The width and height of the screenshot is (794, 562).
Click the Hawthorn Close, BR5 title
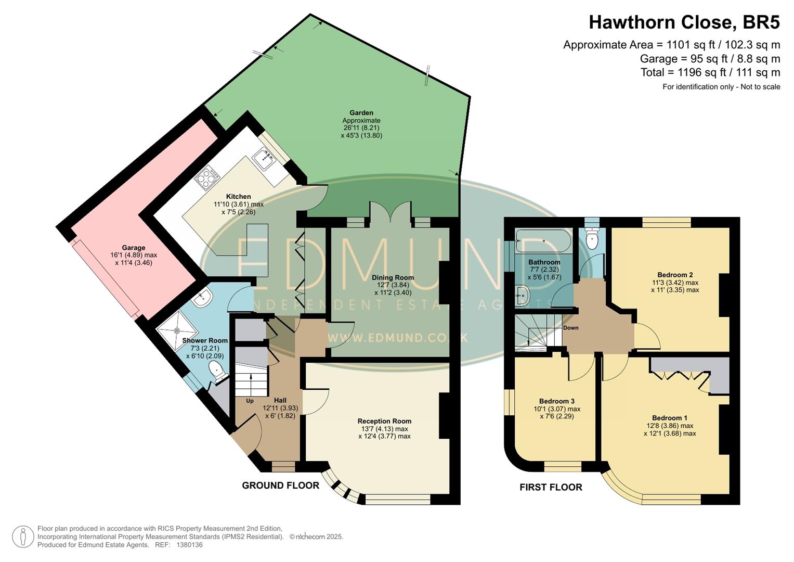pos(684,22)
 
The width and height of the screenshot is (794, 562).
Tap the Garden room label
pos(361,113)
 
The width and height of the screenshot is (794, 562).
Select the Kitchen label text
pos(238,197)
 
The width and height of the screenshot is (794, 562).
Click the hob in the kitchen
pos(207,178)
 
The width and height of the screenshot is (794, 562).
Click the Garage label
pos(134,248)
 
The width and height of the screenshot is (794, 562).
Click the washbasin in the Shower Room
pos(203,298)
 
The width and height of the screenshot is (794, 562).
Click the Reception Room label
pos(384,421)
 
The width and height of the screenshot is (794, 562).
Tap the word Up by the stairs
pos(250,401)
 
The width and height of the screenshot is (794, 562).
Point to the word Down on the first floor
pos(570,328)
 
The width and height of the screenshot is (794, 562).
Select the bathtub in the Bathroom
pos(543,241)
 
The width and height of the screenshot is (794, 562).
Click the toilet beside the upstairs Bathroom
pos(592,239)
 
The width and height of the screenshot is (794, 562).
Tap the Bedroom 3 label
pos(556,401)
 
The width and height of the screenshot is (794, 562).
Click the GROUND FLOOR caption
pos(280,486)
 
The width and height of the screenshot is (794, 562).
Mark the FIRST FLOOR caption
pos(551,488)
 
